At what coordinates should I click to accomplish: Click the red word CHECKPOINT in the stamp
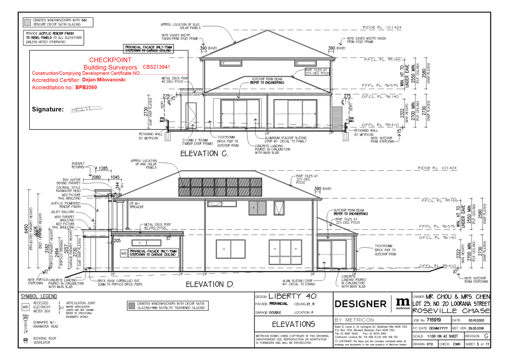[110, 60]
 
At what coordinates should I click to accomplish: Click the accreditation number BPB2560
[86, 88]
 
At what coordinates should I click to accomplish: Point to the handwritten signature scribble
[86, 109]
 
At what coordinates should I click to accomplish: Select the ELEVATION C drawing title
[204, 154]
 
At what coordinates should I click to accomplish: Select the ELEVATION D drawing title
[210, 284]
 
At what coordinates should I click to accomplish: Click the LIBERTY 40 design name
[292, 296]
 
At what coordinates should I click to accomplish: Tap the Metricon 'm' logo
[402, 303]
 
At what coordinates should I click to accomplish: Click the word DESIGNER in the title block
[360, 304]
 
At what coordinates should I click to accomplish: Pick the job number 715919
[434, 320]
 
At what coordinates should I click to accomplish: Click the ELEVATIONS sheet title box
[294, 324]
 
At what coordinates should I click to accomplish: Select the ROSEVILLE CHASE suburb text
[451, 311]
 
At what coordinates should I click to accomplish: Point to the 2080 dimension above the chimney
[96, 177]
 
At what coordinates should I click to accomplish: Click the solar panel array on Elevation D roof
[220, 187]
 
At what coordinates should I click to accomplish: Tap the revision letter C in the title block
[486, 336]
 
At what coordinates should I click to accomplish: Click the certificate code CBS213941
[157, 67]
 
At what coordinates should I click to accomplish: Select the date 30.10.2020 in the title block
[476, 320]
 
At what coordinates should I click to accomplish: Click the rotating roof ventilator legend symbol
[26, 340]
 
